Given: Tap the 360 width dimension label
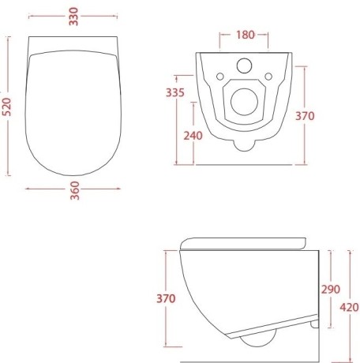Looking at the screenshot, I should pos(73,196).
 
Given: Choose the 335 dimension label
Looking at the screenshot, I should pos(176,93).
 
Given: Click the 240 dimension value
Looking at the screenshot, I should pos(193,135).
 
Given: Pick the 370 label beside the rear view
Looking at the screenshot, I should pos(306,116).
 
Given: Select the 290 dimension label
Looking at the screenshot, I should pos(329,290).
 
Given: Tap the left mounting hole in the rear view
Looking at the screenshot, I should pos(219,77).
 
